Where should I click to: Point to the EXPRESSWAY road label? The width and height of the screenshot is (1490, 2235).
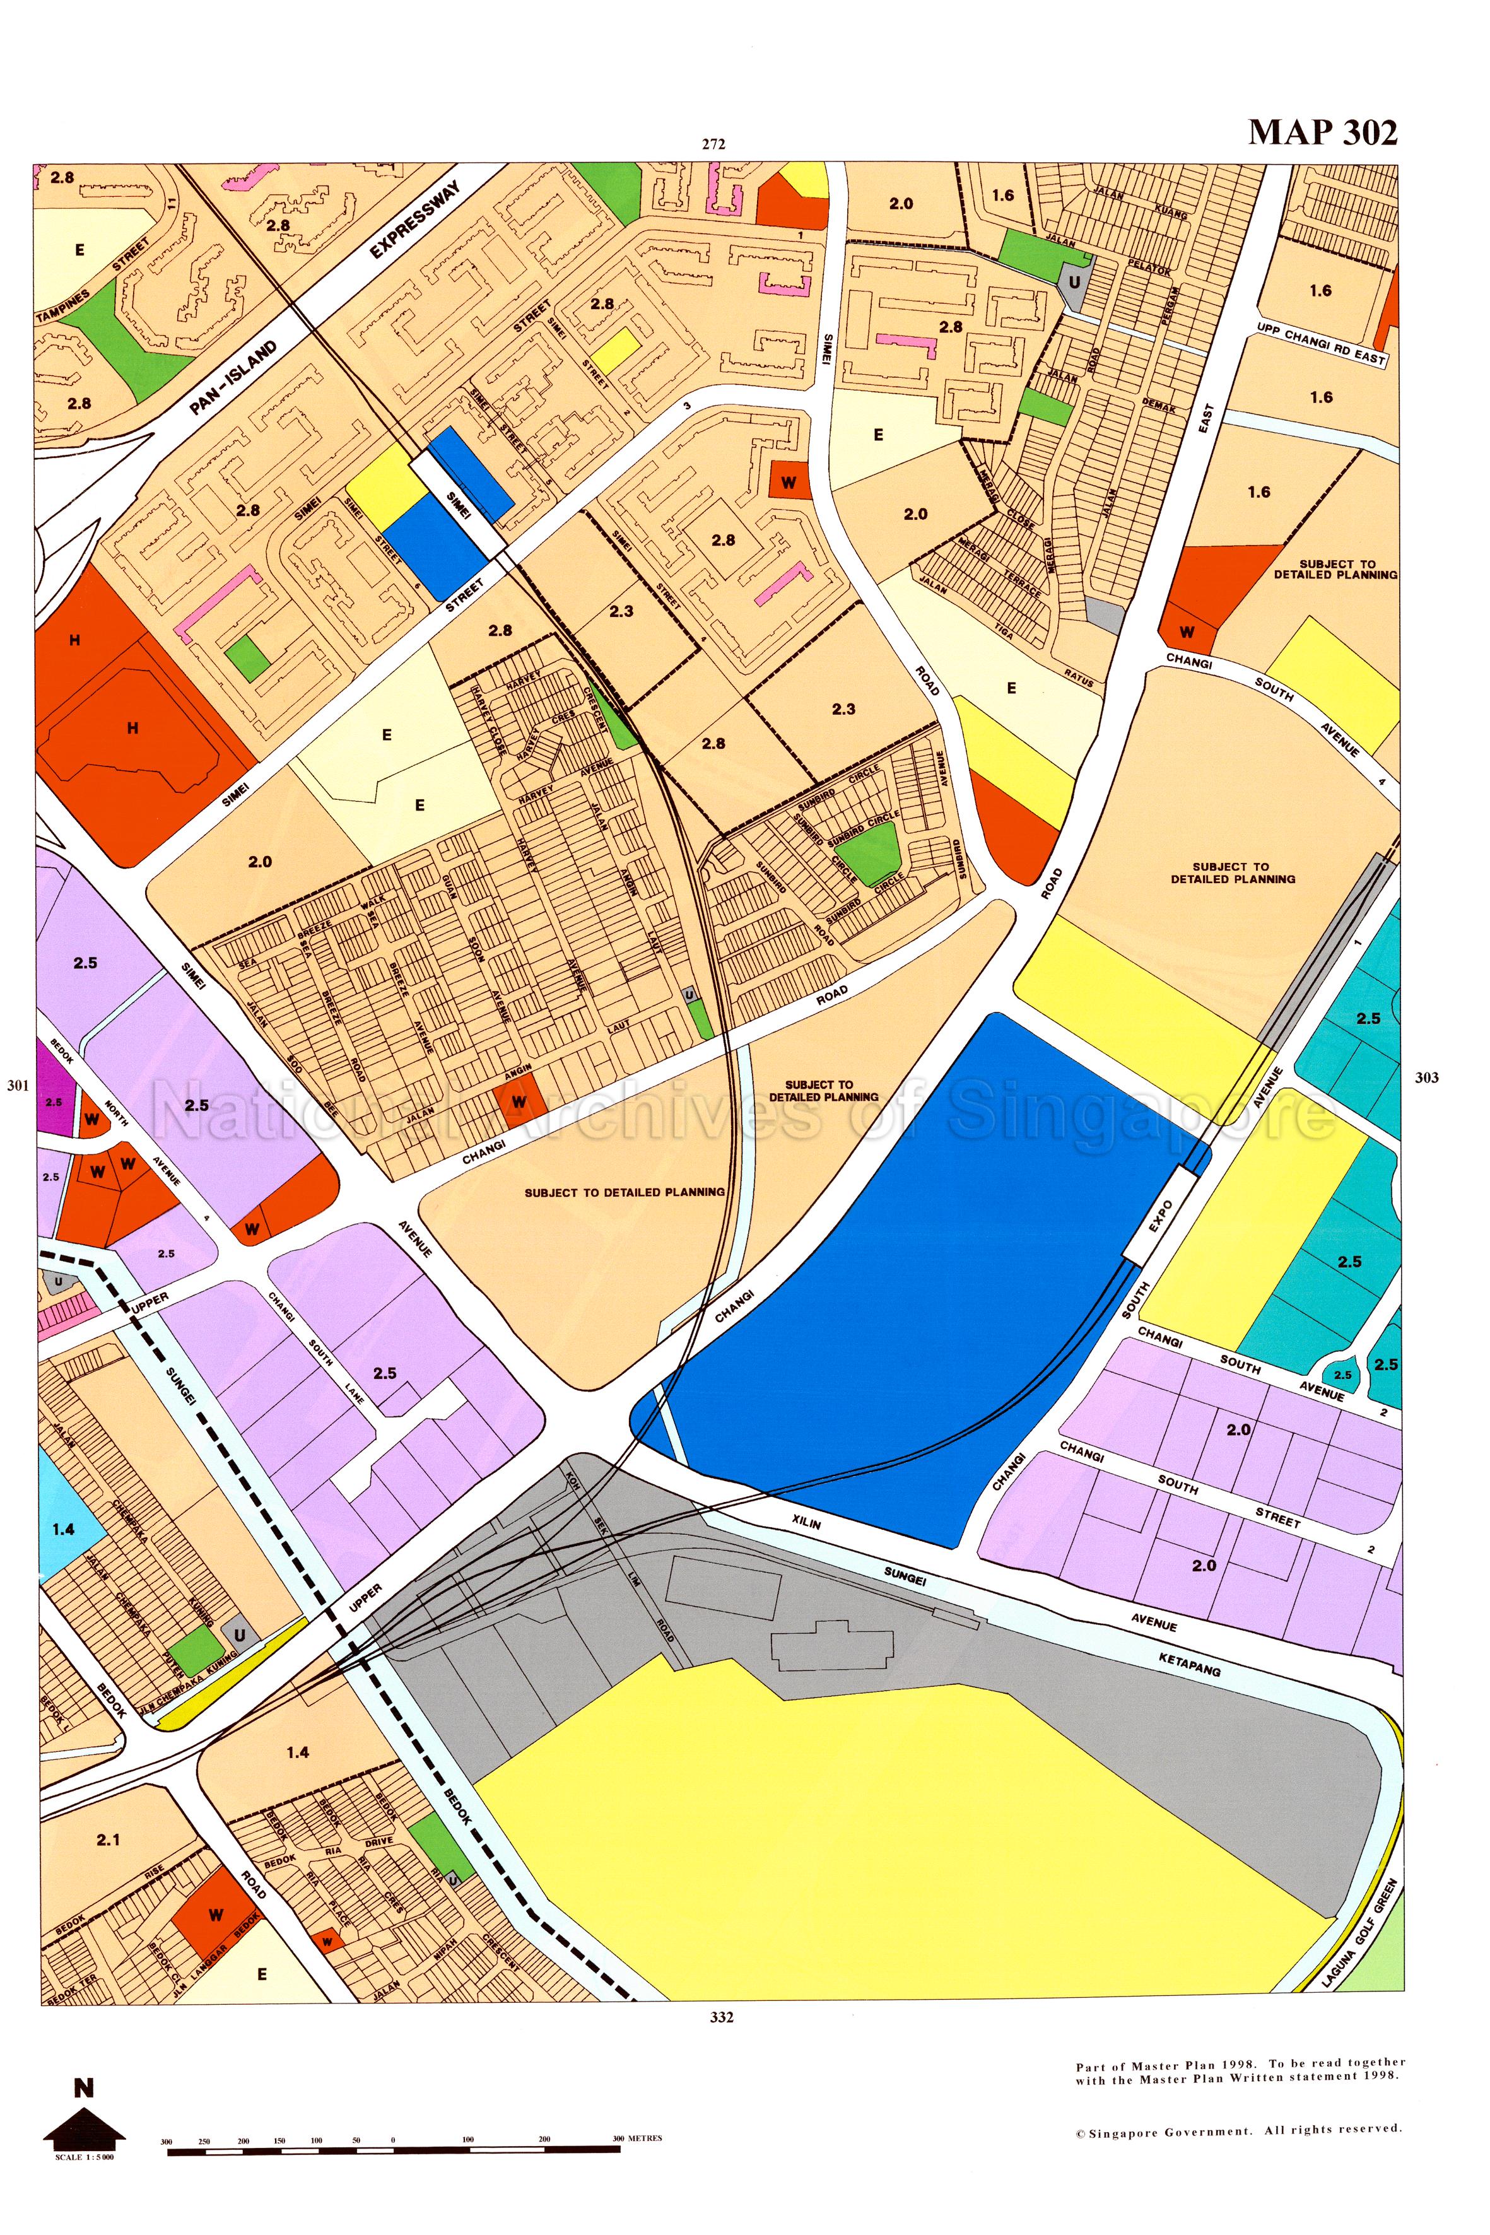[x=414, y=220]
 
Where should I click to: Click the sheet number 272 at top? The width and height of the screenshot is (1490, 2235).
[x=713, y=144]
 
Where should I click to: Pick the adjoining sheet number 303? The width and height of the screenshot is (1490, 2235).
[x=1426, y=1077]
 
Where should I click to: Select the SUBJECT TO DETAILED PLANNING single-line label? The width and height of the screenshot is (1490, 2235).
[x=625, y=1192]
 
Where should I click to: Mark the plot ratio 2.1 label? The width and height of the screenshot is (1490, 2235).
[x=109, y=1839]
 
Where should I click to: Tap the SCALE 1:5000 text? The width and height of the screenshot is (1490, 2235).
[x=85, y=2156]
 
